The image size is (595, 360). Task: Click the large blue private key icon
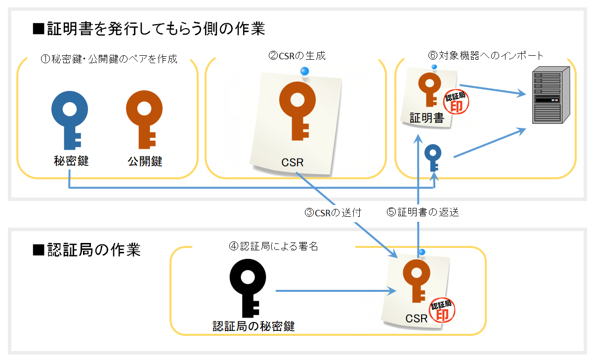tap(70, 119)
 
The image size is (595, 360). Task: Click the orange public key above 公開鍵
tap(144, 119)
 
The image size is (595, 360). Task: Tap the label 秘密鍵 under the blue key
tap(70, 161)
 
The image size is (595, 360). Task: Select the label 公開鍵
tap(144, 161)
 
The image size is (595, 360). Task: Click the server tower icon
tap(548, 97)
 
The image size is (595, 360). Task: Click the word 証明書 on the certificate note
tap(427, 119)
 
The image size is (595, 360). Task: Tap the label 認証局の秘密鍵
tap(254, 326)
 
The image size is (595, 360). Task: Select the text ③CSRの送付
tap(333, 213)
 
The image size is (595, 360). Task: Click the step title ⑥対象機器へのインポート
tap(486, 55)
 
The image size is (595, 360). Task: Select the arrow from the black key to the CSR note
tap(336, 291)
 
